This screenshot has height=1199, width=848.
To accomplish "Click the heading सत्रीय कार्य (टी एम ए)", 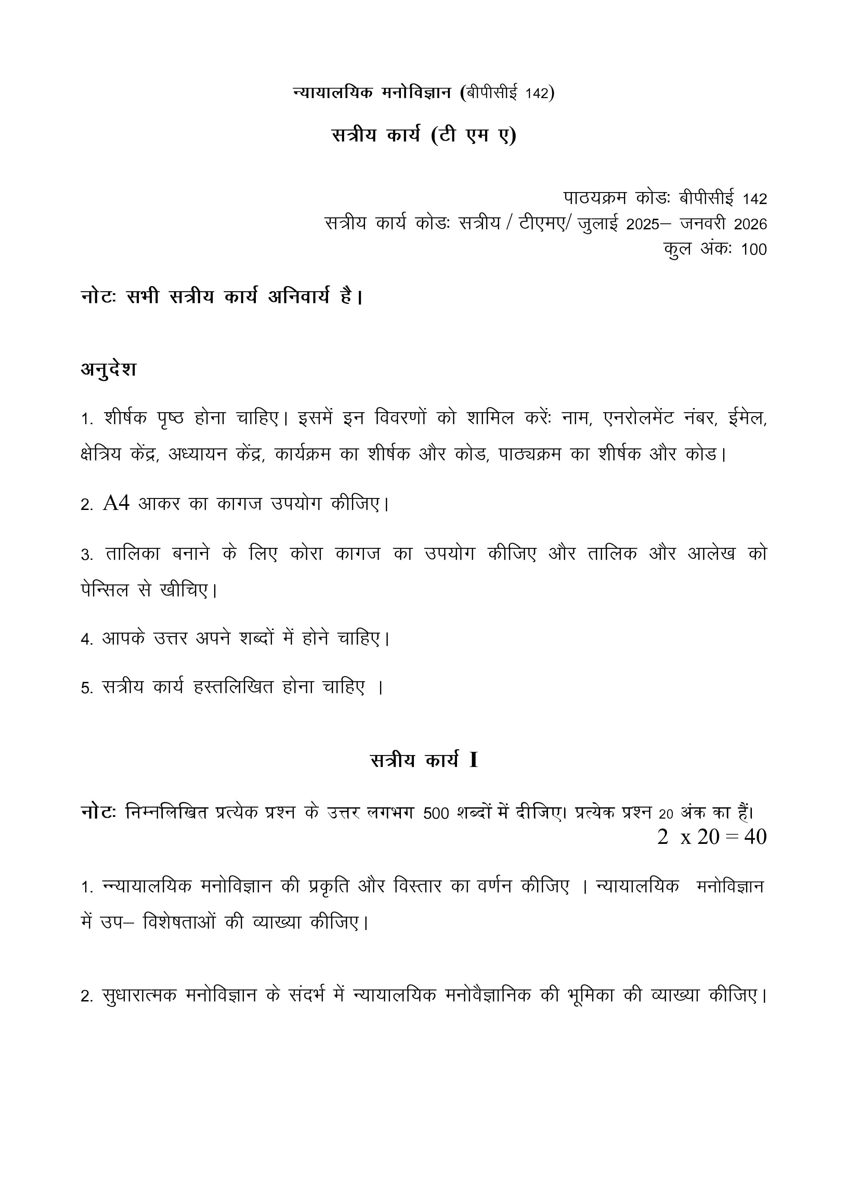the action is pyautogui.click(x=424, y=136).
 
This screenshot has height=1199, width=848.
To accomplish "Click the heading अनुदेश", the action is pyautogui.click(x=109, y=369).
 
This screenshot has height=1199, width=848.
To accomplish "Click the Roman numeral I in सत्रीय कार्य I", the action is pyautogui.click(x=473, y=760).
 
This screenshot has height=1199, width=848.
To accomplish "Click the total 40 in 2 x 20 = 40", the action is pyautogui.click(x=755, y=837).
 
